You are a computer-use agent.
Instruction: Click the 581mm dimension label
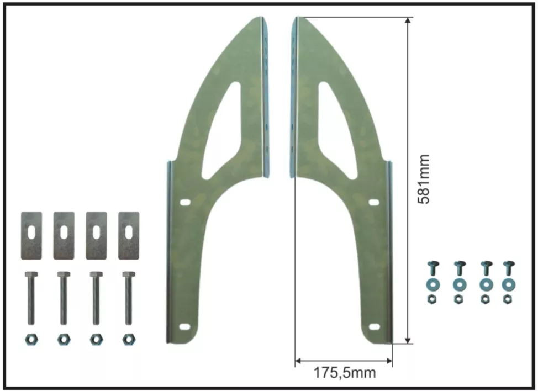coord(424,179)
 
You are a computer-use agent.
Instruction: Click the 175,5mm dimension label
coord(345,372)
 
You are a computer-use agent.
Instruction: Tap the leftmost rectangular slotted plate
coord(31,236)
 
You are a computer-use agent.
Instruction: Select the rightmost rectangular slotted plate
coord(129,236)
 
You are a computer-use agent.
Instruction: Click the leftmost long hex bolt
coord(31,298)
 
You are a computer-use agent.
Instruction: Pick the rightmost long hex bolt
coord(129,298)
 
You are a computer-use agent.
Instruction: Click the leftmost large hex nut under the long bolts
coord(31,340)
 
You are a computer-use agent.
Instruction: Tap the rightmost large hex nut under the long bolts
coord(129,340)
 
